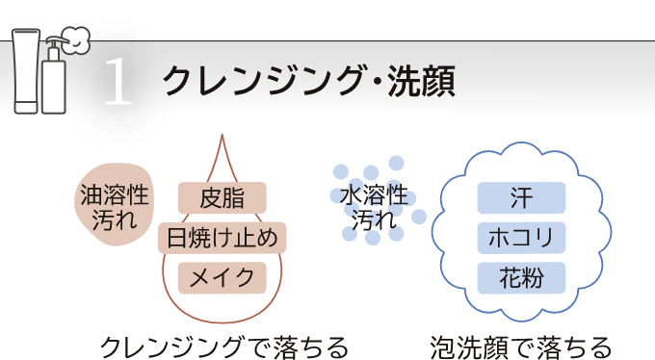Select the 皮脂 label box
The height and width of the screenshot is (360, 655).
click(222, 199)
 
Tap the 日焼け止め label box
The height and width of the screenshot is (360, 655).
click(222, 238)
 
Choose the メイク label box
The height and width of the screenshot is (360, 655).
click(222, 277)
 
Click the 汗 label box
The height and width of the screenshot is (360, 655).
click(521, 197)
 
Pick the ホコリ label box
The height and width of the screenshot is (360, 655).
click(521, 237)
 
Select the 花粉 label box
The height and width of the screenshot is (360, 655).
click(521, 277)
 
